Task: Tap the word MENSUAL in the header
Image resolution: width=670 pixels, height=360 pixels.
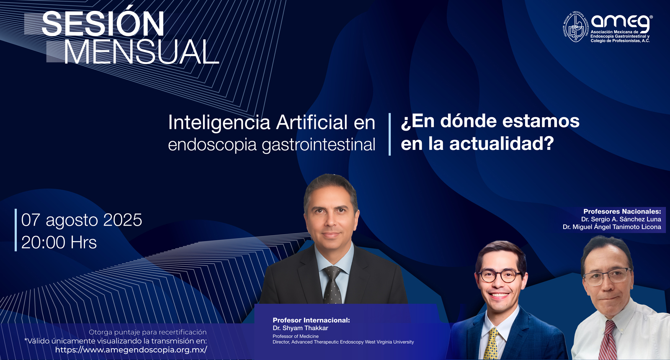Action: [x=142, y=52]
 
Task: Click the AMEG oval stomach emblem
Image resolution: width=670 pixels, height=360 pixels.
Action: [x=575, y=27]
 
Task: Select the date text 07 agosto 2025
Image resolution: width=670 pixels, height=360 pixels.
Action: [x=82, y=220]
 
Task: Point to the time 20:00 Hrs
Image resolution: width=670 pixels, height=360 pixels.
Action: [x=59, y=242]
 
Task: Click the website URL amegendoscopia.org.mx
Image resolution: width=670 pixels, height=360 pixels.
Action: [x=131, y=350]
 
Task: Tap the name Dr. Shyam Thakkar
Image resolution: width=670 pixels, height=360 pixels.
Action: [x=300, y=328]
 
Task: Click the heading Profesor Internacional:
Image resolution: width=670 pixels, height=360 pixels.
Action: [x=311, y=320]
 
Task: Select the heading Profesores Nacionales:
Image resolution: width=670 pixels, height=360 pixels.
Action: [x=622, y=212]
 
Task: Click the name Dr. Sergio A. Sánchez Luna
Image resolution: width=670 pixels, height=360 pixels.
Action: [x=621, y=219]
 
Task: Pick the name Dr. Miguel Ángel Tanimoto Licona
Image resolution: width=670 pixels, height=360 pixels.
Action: [x=612, y=227]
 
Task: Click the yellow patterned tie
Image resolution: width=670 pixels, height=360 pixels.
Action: [x=491, y=344]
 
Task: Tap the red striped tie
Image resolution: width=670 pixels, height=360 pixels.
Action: [x=608, y=340]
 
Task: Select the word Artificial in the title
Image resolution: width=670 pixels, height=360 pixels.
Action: [x=312, y=122]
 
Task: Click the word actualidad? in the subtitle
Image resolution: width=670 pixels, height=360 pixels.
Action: [x=502, y=144]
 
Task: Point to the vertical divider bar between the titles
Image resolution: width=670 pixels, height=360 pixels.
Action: [x=389, y=134]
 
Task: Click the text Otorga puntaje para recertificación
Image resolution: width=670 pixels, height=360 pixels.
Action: [x=147, y=332]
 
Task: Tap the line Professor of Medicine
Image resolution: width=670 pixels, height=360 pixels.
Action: [x=296, y=337]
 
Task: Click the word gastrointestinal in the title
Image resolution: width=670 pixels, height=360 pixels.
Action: [x=319, y=145]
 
